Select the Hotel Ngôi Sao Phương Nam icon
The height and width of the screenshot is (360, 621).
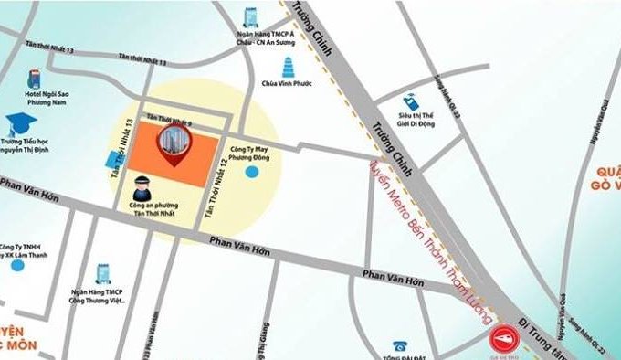click(x=35, y=75)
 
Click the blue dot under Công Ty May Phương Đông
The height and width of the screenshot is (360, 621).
click(x=252, y=171)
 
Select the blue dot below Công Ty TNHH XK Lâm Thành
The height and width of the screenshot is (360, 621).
click(x=16, y=266)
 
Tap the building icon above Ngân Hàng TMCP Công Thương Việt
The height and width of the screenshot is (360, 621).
click(x=102, y=273)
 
